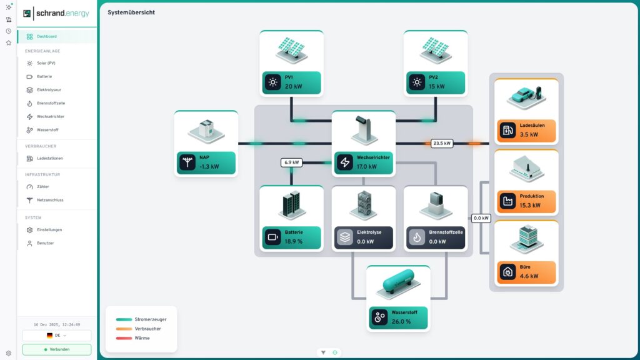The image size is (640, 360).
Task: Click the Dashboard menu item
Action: pyautogui.click(x=46, y=36)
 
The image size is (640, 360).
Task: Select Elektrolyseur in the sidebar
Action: pyautogui.click(x=49, y=90)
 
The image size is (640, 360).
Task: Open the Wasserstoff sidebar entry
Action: pyautogui.click(x=48, y=130)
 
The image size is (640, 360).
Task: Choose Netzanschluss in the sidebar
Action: pyautogui.click(x=50, y=200)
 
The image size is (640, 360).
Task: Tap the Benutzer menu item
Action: pyautogui.click(x=45, y=243)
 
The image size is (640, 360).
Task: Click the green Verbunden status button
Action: pyautogui.click(x=57, y=349)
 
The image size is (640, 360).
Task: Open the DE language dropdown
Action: pyautogui.click(x=57, y=336)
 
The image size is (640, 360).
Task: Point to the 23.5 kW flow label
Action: pyautogui.click(x=442, y=143)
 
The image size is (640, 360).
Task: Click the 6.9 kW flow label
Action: pyautogui.click(x=292, y=162)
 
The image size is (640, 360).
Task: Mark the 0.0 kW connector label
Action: pyautogui.click(x=481, y=218)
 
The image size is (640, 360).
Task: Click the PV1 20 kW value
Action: pyautogui.click(x=294, y=86)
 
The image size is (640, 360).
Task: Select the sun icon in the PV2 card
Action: pyautogui.click(x=417, y=82)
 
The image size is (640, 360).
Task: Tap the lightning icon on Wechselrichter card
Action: pyautogui.click(x=345, y=162)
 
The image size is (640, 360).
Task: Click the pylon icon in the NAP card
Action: pyautogui.click(x=187, y=162)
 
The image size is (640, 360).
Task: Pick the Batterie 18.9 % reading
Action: pyautogui.click(x=294, y=241)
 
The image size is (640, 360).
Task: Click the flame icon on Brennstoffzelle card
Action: pyautogui.click(x=417, y=237)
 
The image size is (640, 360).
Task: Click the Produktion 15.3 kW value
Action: pyautogui.click(x=531, y=205)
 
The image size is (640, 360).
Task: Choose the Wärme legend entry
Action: pyautogui.click(x=142, y=338)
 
